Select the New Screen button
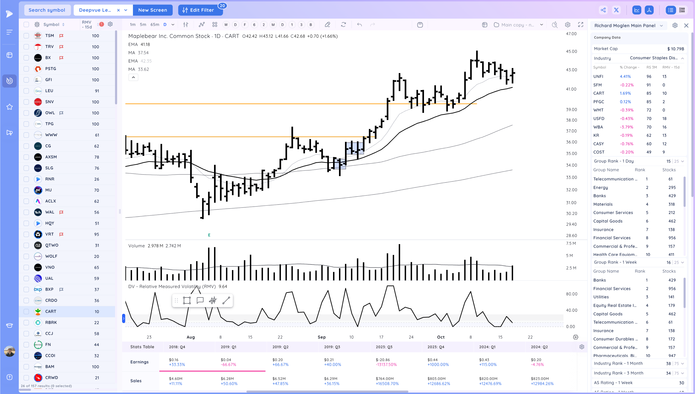point(152,10)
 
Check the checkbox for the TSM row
point(26,36)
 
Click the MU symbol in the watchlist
point(48,190)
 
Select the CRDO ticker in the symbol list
point(51,300)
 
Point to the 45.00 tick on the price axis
point(571,51)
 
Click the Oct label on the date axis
point(441,337)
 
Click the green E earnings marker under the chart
point(209,235)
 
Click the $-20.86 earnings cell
point(383,360)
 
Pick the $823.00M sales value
point(539,379)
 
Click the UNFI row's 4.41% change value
point(625,77)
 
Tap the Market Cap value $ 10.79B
point(675,49)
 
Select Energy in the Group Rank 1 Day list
point(600,188)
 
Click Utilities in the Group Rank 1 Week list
point(601,297)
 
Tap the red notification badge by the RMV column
point(101,24)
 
